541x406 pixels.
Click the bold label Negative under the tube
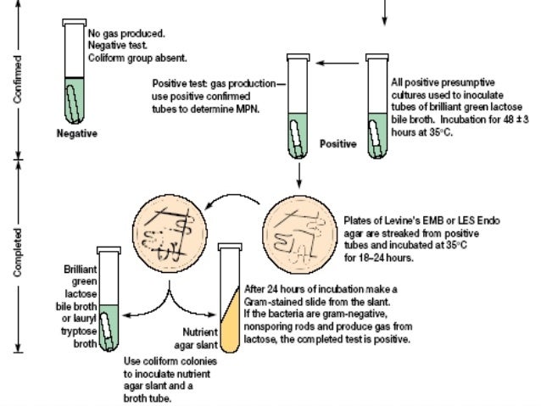coord(77,133)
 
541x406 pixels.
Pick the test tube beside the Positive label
coord(298,106)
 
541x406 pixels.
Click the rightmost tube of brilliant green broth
coord(376,106)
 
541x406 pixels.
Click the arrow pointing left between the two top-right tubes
coord(339,62)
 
